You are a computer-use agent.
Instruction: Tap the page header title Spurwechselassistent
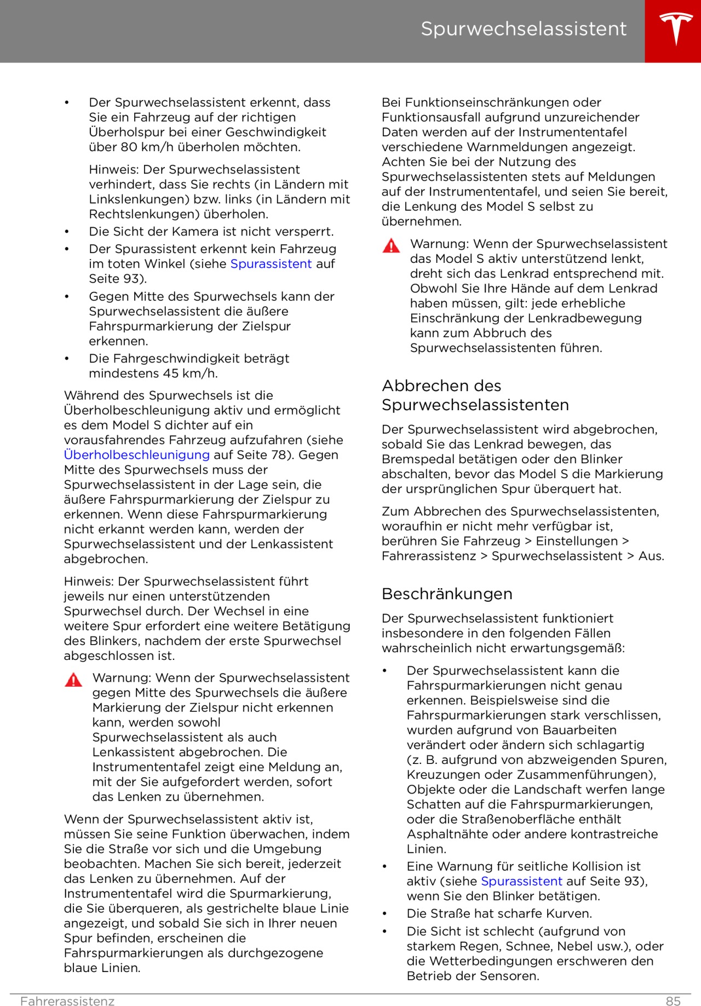pyautogui.click(x=523, y=29)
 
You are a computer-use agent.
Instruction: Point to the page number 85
pyautogui.click(x=673, y=1001)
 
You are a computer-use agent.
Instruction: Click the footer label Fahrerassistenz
pyautogui.click(x=67, y=1001)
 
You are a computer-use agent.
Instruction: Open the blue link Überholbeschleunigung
pyautogui.click(x=137, y=455)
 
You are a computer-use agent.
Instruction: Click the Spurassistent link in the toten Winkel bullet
pyautogui.click(x=271, y=263)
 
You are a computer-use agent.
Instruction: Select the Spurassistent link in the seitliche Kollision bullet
pyautogui.click(x=521, y=881)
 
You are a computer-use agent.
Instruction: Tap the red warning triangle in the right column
pyautogui.click(x=391, y=246)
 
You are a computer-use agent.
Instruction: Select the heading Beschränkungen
pyautogui.click(x=447, y=594)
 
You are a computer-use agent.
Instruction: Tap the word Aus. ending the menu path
pyautogui.click(x=651, y=556)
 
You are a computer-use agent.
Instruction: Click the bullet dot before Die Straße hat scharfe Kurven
pyautogui.click(x=385, y=913)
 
